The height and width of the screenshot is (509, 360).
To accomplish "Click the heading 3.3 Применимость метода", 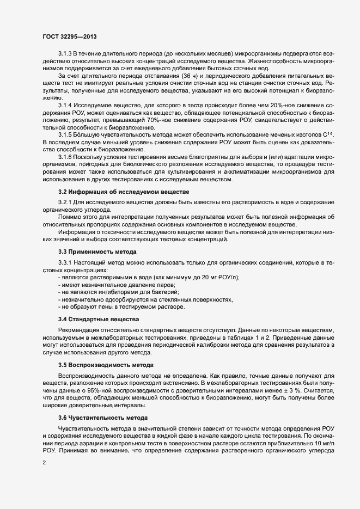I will pos(97,251).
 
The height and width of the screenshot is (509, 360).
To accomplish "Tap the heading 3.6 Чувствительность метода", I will pos(102,418).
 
